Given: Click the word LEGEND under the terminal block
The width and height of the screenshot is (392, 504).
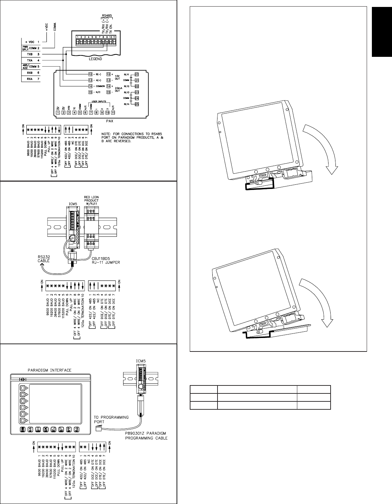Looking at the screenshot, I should coord(95,59).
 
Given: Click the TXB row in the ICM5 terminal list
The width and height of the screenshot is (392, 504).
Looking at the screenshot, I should coord(29,54).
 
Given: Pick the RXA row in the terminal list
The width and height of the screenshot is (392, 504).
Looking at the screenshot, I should coord(29,79).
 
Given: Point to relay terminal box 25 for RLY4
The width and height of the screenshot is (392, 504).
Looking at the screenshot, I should coord(137,104).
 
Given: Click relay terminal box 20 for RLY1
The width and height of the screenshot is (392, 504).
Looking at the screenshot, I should coord(137,75).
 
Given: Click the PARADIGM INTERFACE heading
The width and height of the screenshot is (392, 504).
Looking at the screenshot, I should coord(50,370).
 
